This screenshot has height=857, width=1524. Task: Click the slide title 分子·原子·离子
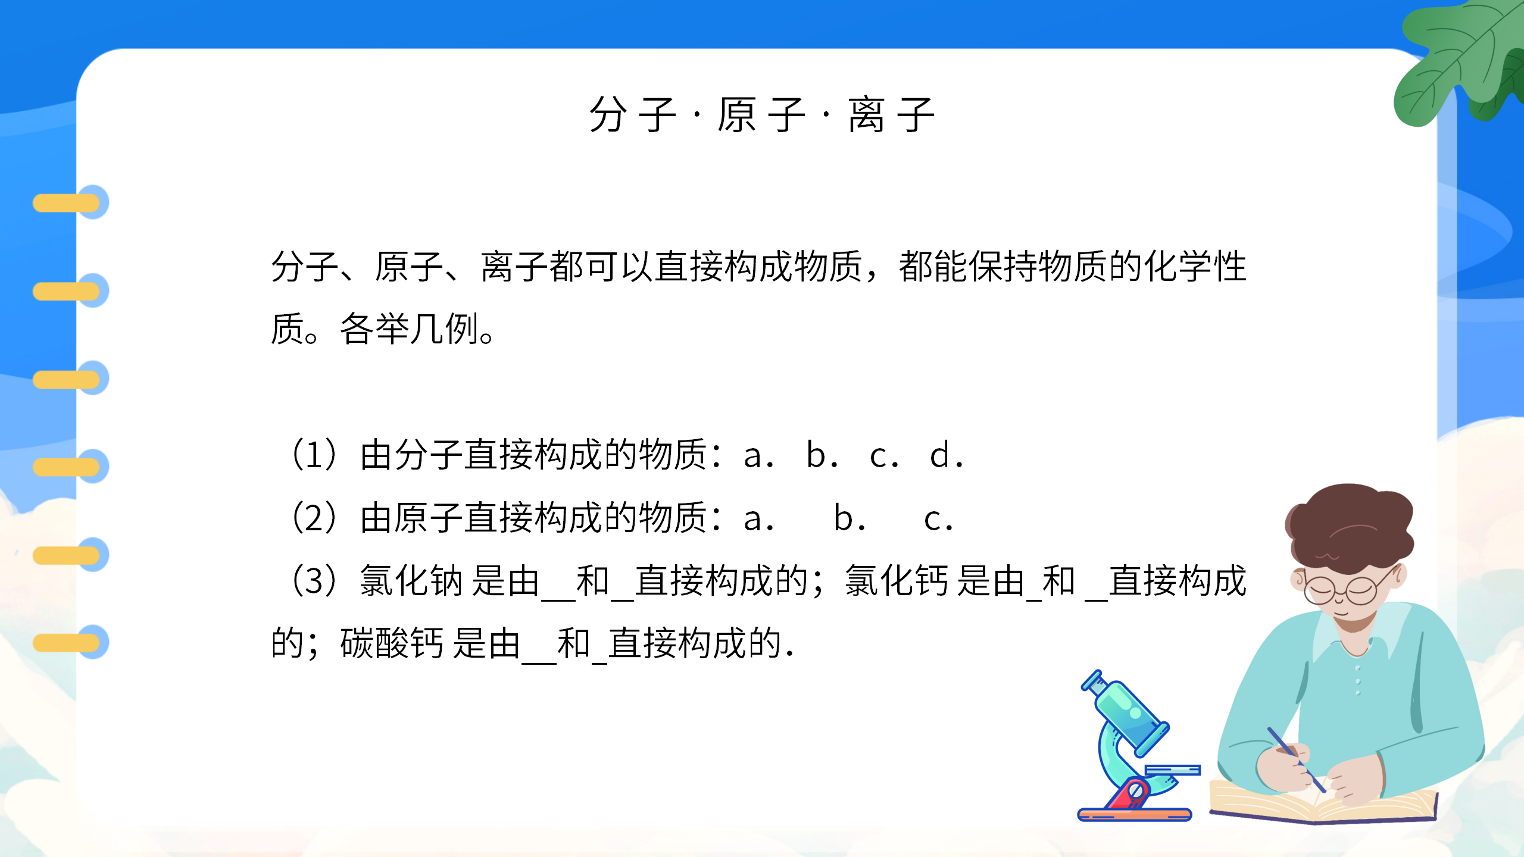coord(761,115)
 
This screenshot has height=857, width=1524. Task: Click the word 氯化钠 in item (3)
coord(411,581)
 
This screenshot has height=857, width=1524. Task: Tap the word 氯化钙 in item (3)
coord(897,581)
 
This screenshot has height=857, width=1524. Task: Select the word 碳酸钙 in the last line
coord(392,644)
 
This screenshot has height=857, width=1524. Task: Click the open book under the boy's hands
coord(1322,803)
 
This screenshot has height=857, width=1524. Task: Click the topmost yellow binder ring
coord(67,203)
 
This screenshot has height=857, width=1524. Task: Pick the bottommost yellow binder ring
coord(67,643)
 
